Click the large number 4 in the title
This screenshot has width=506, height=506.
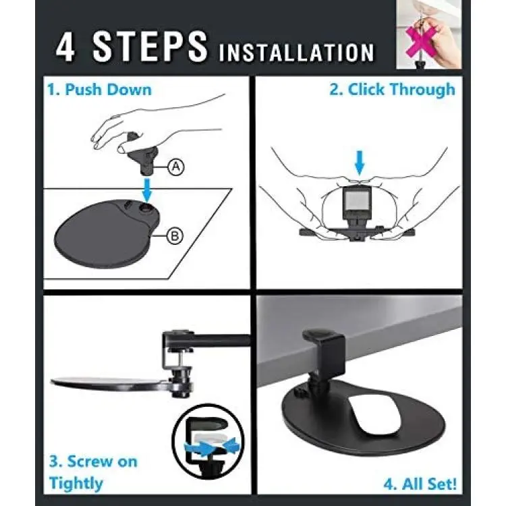pos(65,46)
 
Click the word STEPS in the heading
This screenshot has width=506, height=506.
pos(150,46)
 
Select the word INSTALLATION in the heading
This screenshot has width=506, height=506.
pos(297,53)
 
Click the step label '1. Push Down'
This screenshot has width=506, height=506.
pos(99,89)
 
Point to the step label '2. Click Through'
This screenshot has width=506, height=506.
pos(392,89)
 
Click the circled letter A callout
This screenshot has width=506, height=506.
pos(176,167)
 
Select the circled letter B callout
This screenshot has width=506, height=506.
pos(175,236)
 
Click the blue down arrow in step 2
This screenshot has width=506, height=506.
pos(360,163)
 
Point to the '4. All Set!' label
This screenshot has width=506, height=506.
pos(420,484)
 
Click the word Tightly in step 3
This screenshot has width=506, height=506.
pos(76,483)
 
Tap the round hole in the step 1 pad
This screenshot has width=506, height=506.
pos(146,208)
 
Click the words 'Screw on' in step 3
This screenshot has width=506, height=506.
pos(93,461)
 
